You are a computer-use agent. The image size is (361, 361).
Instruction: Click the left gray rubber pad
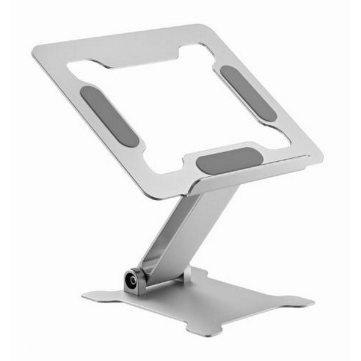pos(109,116)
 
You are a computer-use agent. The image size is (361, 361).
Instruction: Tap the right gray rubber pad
pos(248,93)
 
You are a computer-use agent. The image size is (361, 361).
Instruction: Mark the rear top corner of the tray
pos(196,26)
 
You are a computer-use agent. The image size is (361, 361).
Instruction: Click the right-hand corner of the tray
pos(320,158)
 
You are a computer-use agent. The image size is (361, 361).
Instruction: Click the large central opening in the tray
pos(180,108)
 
